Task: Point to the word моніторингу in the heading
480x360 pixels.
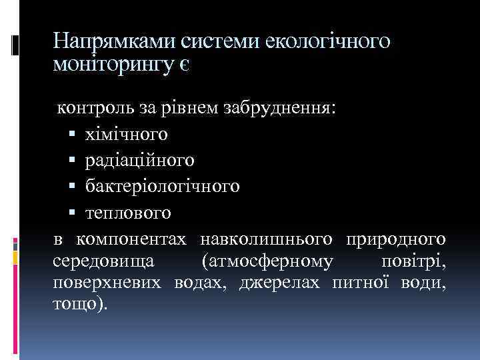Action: point(116,66)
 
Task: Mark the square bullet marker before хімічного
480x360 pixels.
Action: point(73,135)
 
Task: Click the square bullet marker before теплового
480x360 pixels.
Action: point(73,213)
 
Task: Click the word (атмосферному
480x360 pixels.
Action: point(268,261)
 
